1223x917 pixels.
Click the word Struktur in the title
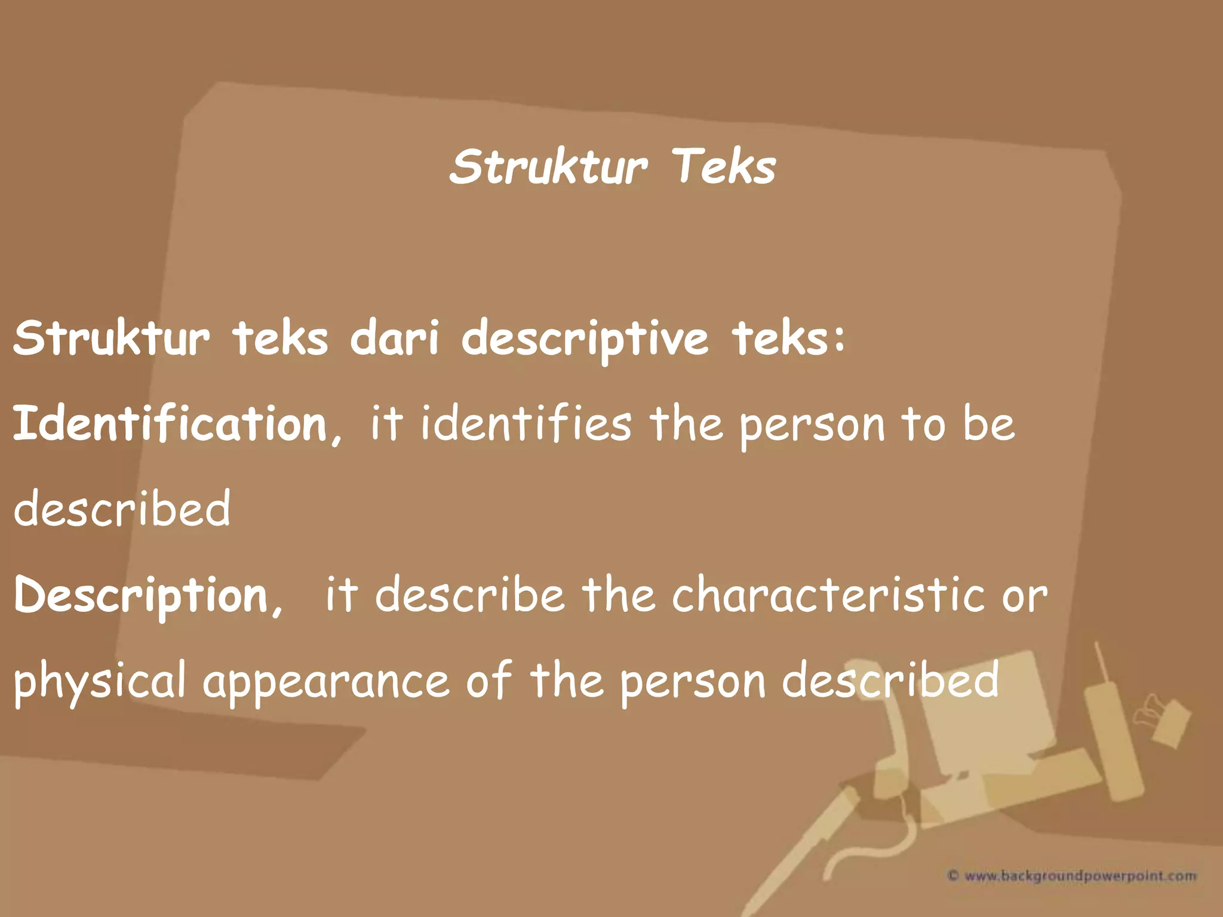point(548,167)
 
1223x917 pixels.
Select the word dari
point(394,338)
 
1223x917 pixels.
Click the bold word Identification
point(170,423)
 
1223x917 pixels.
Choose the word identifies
point(526,423)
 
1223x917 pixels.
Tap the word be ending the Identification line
point(988,424)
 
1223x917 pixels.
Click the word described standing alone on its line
point(122,509)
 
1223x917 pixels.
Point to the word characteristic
point(828,595)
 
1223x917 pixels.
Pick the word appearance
point(326,682)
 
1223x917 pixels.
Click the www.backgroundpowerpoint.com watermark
point(1073,876)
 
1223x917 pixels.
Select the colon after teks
point(840,338)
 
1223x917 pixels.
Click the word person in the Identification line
point(812,426)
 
